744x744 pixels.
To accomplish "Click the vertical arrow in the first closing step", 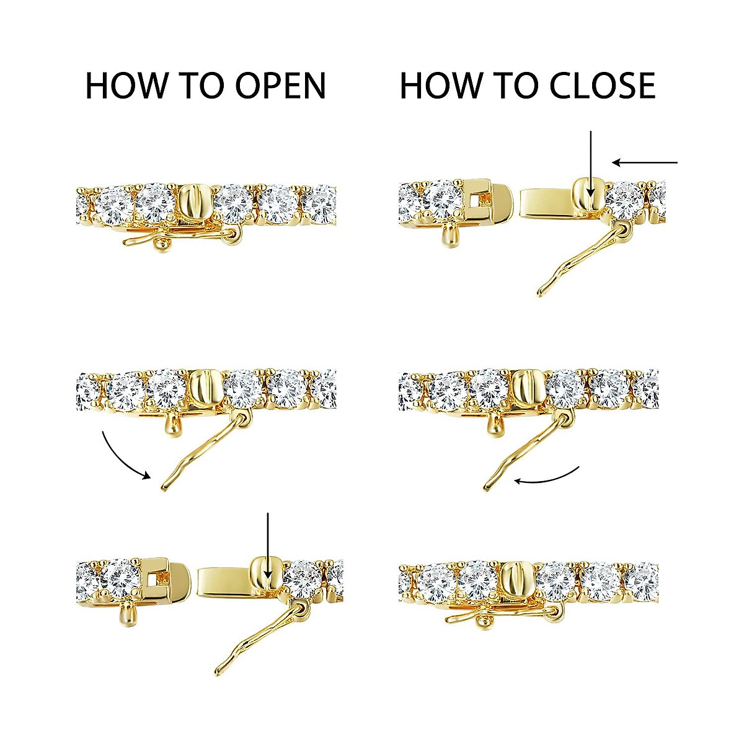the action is (591, 164).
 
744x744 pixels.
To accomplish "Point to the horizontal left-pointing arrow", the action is (645, 163).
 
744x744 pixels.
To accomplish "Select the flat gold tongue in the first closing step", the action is (546, 201).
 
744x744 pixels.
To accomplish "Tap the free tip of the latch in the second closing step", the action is (487, 488).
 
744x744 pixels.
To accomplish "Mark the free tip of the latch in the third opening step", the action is (218, 672).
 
